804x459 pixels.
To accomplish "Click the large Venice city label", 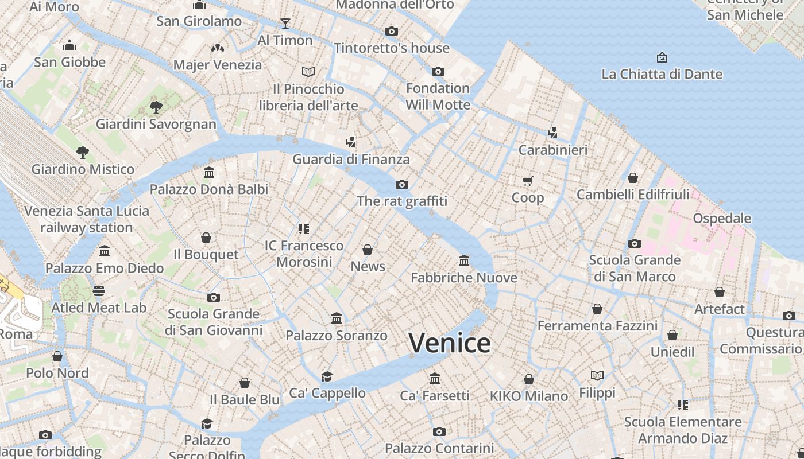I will point(450,343).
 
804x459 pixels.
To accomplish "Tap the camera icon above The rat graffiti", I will point(402,184).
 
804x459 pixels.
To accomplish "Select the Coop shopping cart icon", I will point(527,181).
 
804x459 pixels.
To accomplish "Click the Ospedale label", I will point(722,219).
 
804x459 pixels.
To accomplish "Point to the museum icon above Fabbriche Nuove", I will point(464,261).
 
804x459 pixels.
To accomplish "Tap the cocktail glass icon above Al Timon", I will point(285,24).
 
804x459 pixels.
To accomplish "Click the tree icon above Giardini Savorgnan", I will point(156,107).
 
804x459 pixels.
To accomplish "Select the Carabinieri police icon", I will point(552,133).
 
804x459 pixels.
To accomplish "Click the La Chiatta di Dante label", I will point(662,74).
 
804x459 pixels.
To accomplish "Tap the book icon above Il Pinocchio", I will point(308,72).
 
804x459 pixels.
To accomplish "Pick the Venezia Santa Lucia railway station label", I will point(87,219).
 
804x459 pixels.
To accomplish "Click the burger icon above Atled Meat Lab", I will point(99,291).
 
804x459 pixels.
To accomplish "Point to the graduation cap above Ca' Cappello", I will point(327,376).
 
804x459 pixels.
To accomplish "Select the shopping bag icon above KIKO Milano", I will point(528,379).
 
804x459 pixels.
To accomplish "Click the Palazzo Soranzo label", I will point(337,335).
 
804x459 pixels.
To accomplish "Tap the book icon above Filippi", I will point(597,375).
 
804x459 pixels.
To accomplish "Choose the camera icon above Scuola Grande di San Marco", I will point(635,243).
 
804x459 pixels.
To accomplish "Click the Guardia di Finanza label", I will point(351,159).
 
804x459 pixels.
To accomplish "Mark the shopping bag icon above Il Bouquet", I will point(206,238).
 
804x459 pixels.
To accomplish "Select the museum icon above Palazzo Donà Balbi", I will point(209,172).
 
